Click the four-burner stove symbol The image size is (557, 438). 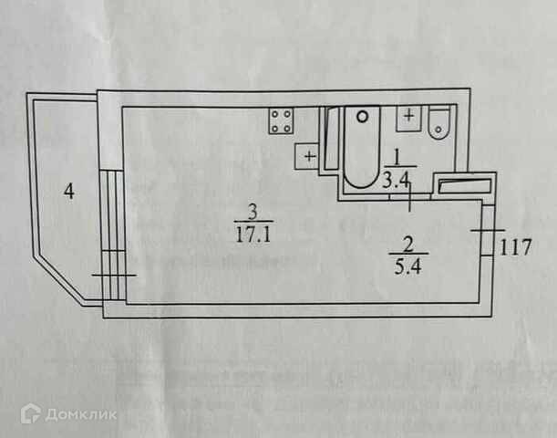(282, 120)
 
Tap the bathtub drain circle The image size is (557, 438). (362, 117)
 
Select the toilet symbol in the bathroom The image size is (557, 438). (439, 121)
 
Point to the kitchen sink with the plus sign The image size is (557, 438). (307, 156)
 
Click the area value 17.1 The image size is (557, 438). (253, 235)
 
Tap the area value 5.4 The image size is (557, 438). (407, 266)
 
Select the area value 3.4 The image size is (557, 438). (396, 182)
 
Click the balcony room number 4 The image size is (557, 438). (69, 192)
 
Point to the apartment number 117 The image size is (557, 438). (515, 247)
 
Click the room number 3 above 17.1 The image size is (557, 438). (253, 213)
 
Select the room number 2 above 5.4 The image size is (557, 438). (408, 245)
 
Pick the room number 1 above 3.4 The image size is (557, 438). (397, 158)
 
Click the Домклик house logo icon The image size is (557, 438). (31, 413)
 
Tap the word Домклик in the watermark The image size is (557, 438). (81, 414)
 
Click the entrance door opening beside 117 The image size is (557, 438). (487, 231)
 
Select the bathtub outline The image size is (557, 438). (362, 147)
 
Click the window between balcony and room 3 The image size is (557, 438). (113, 235)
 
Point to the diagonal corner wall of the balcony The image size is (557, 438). (59, 278)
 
